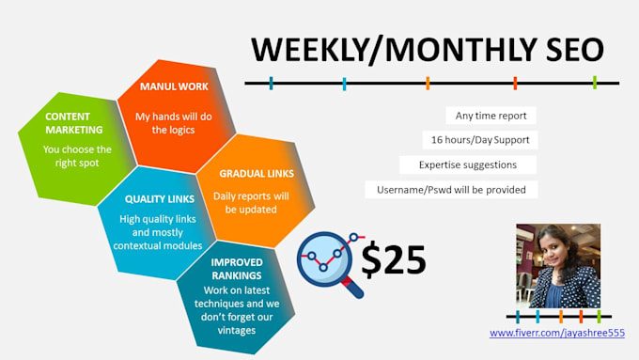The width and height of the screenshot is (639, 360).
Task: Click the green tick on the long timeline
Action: (x=595, y=83)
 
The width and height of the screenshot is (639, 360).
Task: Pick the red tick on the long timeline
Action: (x=515, y=83)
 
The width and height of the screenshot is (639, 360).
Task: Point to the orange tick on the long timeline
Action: (x=428, y=83)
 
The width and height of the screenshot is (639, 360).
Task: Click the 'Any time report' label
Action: (x=491, y=116)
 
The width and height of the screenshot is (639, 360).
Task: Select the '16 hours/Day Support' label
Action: (x=479, y=140)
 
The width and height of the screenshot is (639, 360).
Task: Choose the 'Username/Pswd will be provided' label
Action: (x=451, y=189)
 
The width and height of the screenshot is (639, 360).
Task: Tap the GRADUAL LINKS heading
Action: (x=257, y=173)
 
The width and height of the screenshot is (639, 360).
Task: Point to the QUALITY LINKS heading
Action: (x=160, y=199)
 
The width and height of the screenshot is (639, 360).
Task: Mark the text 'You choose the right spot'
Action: (x=78, y=156)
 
